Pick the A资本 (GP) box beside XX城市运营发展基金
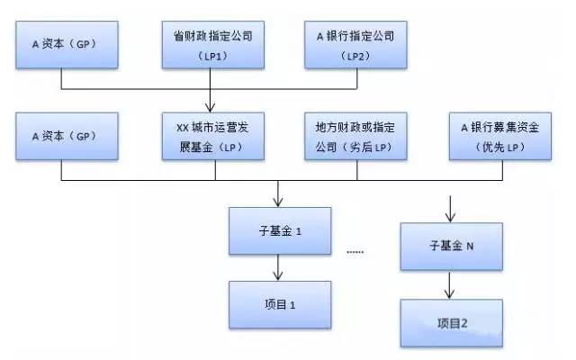pyautogui.click(x=60, y=135)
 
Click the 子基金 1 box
pyautogui.click(x=279, y=229)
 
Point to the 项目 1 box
pyautogui.click(x=279, y=303)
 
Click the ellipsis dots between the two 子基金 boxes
pyautogui.click(x=354, y=252)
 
